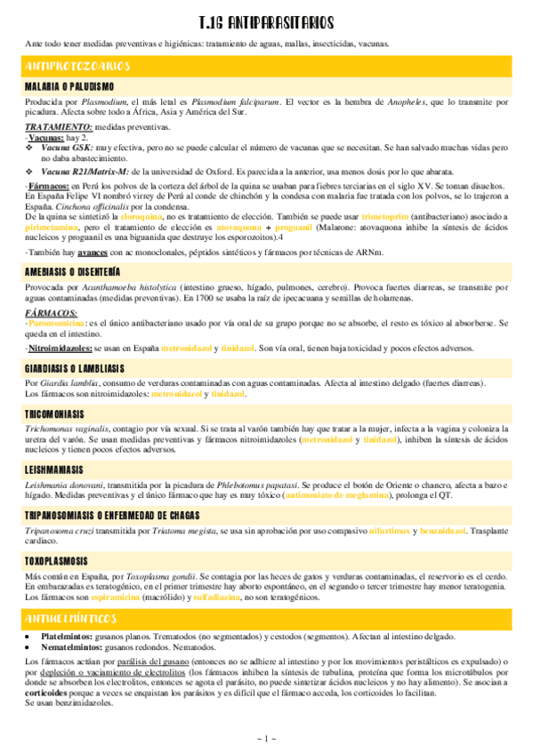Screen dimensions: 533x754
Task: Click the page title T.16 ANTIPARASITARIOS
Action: (266, 21)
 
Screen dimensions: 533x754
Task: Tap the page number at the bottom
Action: (266, 738)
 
